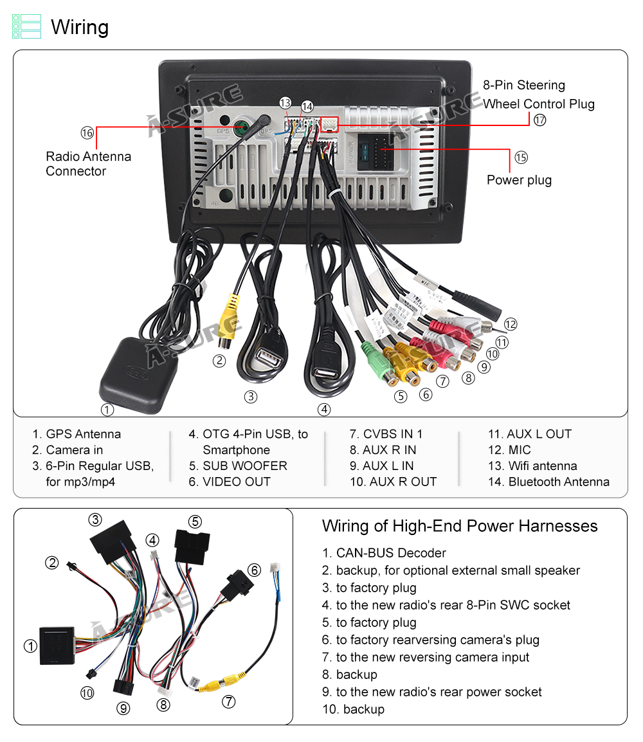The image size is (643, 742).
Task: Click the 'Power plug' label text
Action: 519,180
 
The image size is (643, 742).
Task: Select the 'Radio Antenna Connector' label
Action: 88,164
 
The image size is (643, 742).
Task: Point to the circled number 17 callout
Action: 539,120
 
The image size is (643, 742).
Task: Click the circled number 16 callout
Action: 87,133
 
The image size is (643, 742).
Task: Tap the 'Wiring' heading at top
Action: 80,27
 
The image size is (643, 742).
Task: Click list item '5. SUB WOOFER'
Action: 238,466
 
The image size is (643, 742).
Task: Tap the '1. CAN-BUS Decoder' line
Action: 384,553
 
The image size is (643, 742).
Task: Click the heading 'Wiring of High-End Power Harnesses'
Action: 460,526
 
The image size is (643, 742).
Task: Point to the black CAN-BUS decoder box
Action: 57,645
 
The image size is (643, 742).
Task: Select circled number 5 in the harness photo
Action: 195,521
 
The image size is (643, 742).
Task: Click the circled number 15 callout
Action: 520,157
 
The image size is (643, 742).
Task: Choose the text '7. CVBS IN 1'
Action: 386,434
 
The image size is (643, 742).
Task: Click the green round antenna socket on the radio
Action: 242,127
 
